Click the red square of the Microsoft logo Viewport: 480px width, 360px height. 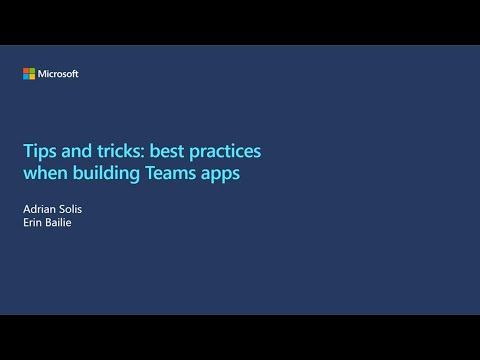[x=26, y=71]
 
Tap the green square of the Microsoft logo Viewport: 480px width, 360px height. [x=32, y=71]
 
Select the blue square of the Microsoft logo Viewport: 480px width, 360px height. [x=26, y=77]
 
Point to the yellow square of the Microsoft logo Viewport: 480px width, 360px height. [x=32, y=77]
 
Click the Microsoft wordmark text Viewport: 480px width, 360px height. [x=58, y=74]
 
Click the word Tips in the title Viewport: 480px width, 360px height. [x=38, y=151]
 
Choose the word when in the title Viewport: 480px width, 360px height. [x=45, y=172]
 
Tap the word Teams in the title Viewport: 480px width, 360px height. [x=175, y=172]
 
